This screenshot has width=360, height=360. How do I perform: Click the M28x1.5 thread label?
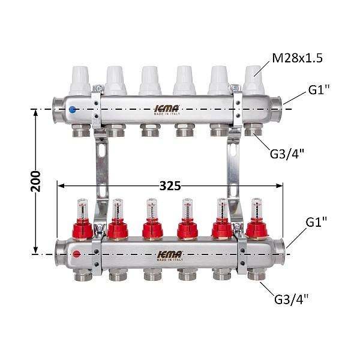297,58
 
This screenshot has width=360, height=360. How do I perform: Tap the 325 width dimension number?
170,186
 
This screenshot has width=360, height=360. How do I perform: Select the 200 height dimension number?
35,181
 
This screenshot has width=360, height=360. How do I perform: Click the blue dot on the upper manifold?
73,110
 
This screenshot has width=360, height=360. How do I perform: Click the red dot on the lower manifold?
76,254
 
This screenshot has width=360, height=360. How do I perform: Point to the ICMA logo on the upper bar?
167,110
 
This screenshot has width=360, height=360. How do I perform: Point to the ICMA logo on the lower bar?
170,256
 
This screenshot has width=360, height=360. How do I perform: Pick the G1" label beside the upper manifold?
319,90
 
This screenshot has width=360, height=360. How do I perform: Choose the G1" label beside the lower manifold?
316,222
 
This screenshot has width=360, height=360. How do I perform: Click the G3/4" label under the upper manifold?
287,154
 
